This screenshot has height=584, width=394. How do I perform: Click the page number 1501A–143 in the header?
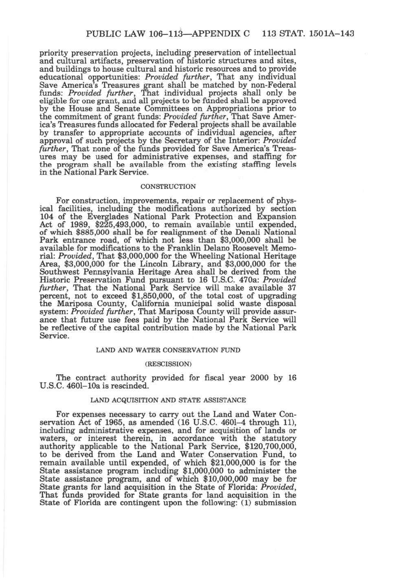click(x=330, y=34)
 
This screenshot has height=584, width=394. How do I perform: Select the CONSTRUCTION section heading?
click(x=168, y=186)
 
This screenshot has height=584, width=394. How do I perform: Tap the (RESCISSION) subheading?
click(x=168, y=364)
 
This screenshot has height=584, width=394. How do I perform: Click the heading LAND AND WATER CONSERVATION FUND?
click(x=168, y=350)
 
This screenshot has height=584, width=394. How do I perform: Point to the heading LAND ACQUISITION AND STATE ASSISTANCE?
click(x=168, y=400)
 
